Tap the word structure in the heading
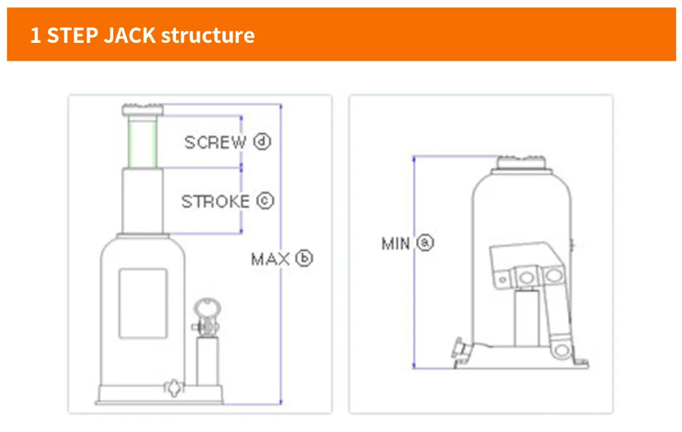point(207,35)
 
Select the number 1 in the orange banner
point(35,35)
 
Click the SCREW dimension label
point(215,143)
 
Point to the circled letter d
point(262,142)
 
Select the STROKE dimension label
point(215,202)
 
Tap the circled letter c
point(265,201)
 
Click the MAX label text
point(271,259)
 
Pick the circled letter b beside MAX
point(304,259)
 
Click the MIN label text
point(396,243)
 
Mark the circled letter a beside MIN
point(426,242)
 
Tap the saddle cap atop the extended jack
point(143,109)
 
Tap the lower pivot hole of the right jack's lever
point(560,349)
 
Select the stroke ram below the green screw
point(143,202)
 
